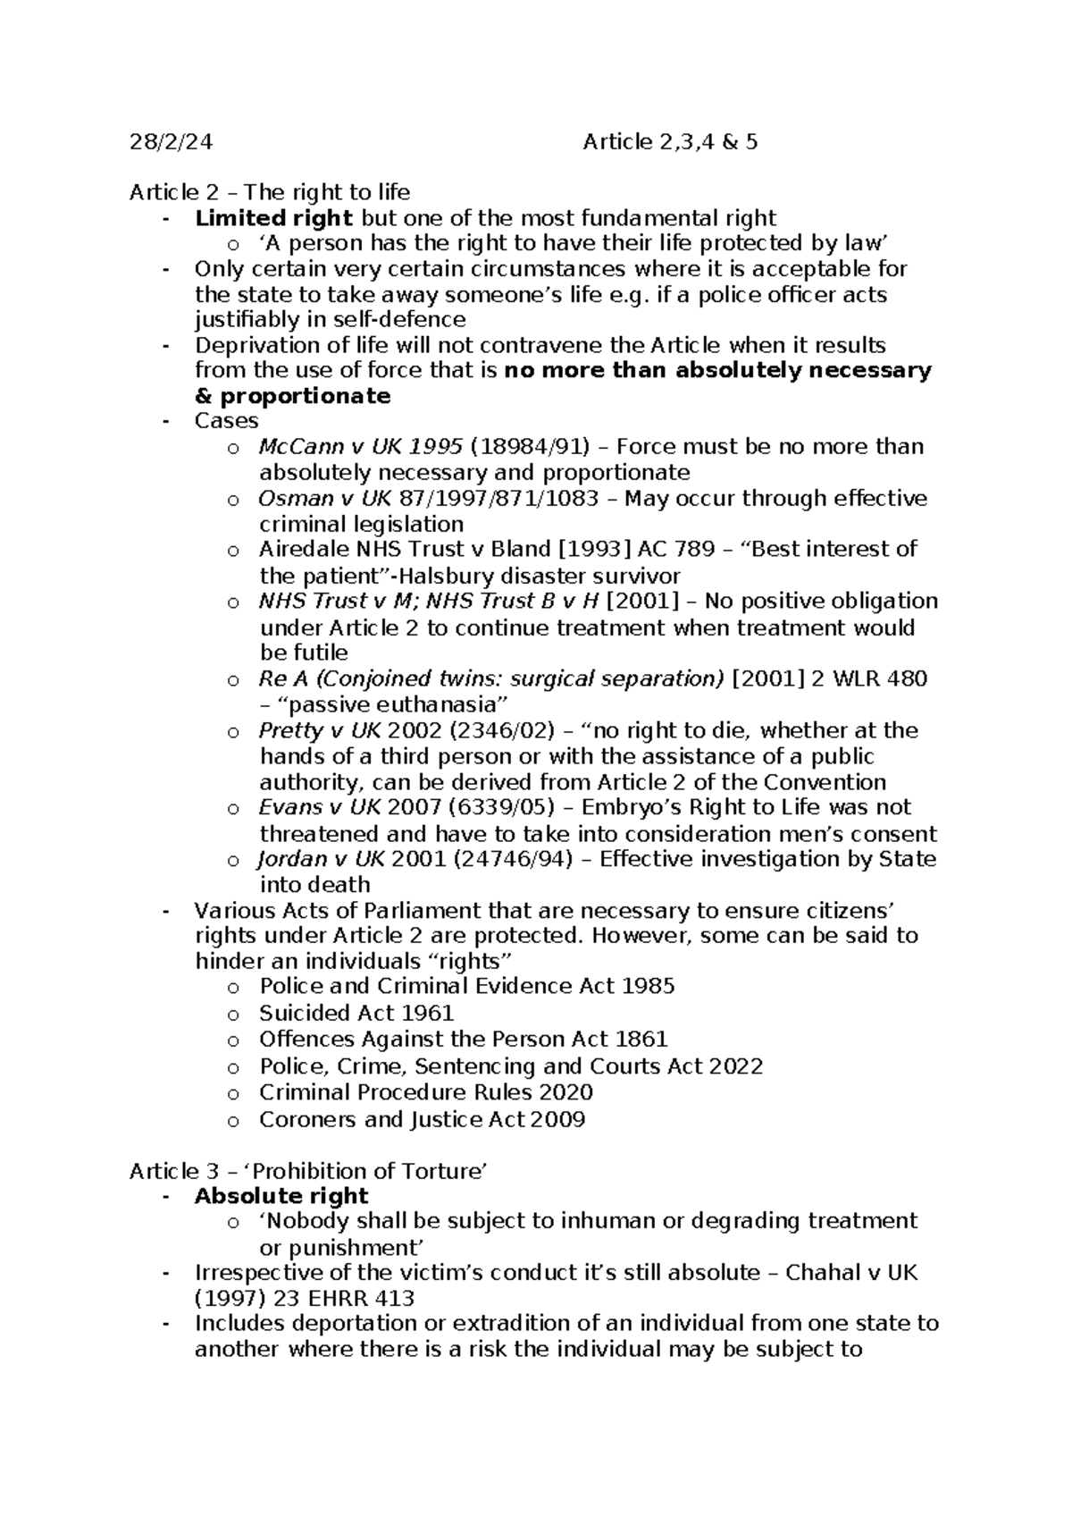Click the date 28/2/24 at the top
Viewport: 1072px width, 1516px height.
[172, 142]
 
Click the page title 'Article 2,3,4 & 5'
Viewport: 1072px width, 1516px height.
[670, 142]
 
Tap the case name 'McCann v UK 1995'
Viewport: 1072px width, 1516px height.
[360, 446]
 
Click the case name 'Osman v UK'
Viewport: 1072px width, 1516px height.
[308, 498]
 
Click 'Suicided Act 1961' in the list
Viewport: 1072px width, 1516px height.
[356, 1014]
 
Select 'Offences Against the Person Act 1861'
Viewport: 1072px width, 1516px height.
[463, 1040]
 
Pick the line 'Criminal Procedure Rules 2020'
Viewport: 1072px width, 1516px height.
[425, 1092]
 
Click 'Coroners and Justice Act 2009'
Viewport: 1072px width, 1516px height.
[422, 1119]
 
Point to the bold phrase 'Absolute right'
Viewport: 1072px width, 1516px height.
[281, 1196]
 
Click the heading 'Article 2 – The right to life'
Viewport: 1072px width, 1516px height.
[270, 192]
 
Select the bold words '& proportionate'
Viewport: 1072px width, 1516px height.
[292, 396]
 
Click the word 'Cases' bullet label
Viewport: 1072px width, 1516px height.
[226, 421]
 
